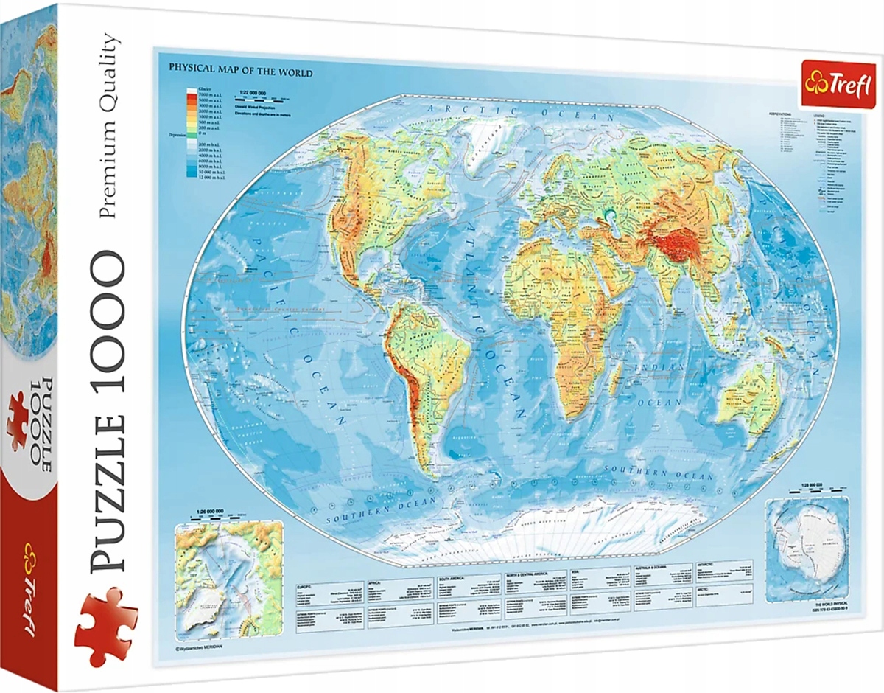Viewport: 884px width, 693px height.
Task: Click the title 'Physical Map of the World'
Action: (241, 73)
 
